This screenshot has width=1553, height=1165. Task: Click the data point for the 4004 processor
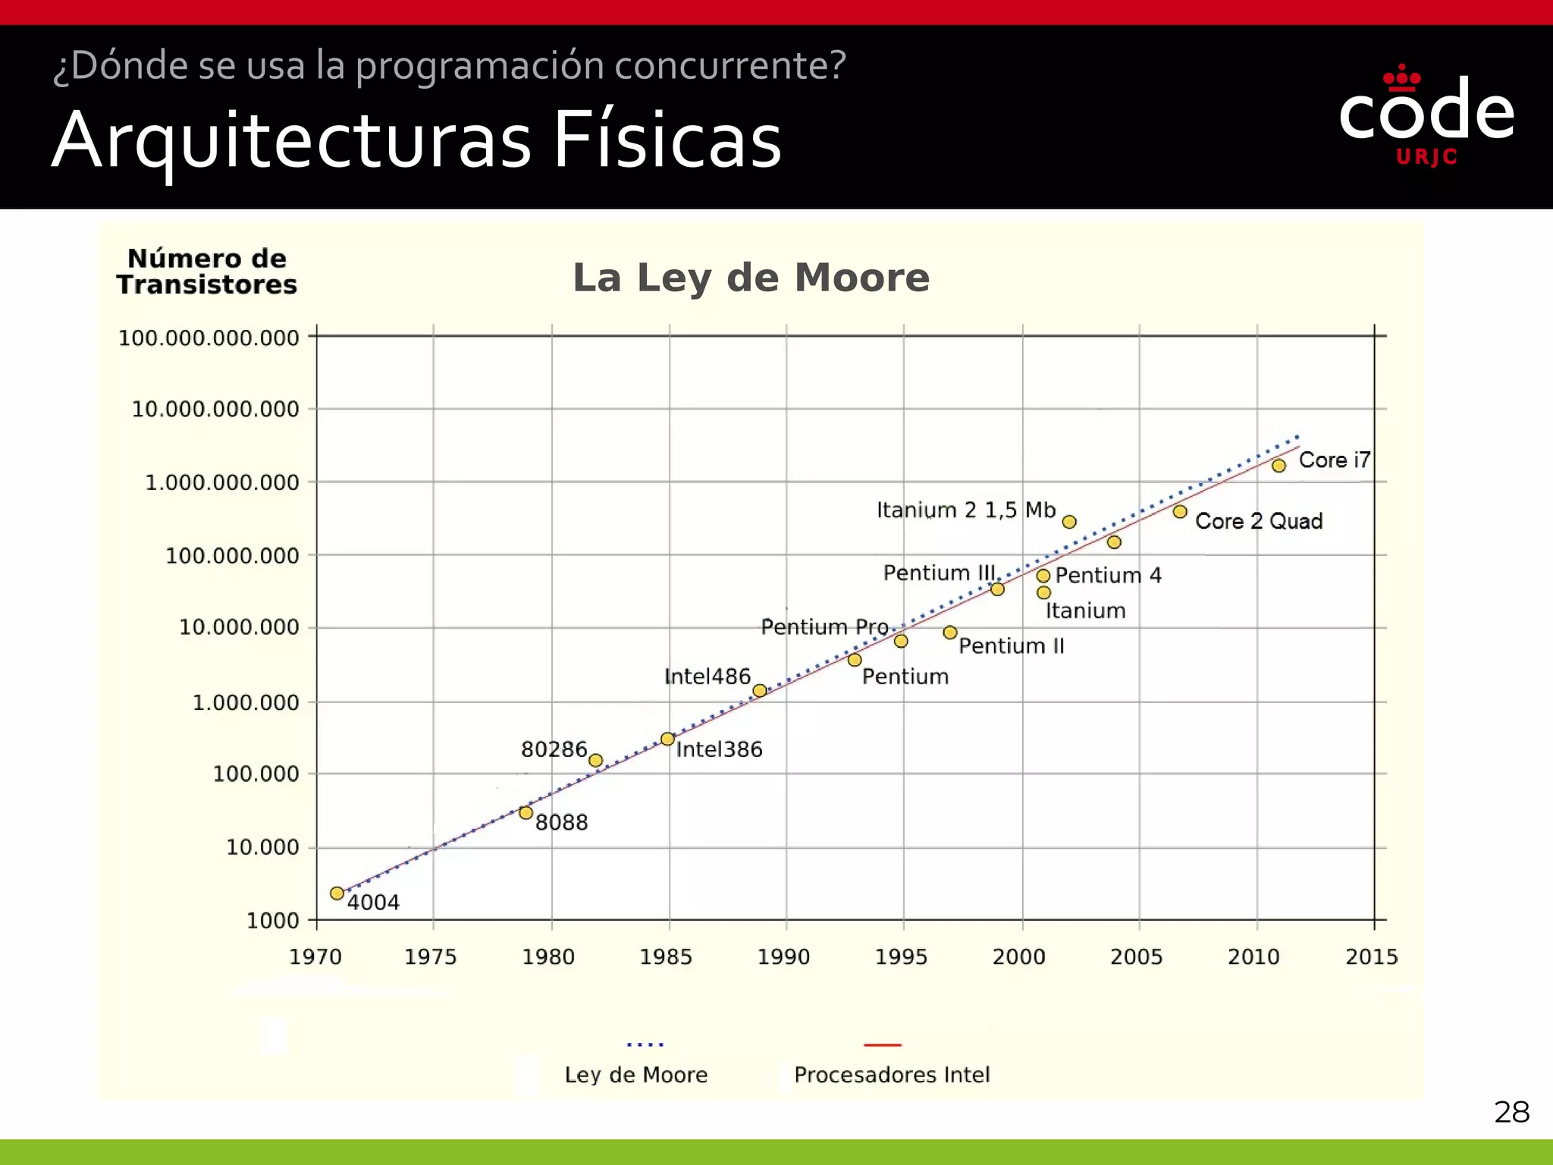click(x=337, y=893)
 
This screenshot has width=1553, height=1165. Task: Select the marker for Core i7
click(x=1278, y=466)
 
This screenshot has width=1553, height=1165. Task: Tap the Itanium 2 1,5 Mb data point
click(x=1069, y=522)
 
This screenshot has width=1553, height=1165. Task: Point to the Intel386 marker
click(x=667, y=739)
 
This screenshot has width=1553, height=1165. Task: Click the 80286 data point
click(x=596, y=760)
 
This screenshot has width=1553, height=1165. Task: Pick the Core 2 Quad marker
click(x=1180, y=512)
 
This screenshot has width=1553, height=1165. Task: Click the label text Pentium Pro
click(x=824, y=627)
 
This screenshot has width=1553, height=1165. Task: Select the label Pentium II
click(x=1012, y=646)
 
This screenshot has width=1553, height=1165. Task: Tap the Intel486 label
click(x=707, y=677)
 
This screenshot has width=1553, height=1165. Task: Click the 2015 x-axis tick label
click(x=1371, y=957)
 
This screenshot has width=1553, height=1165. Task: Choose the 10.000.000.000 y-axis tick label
click(x=215, y=410)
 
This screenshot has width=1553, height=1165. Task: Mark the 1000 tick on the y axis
click(x=272, y=921)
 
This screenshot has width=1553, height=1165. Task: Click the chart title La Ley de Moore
click(x=751, y=278)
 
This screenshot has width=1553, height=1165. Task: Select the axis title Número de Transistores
click(x=206, y=272)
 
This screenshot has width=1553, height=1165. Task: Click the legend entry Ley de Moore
click(x=636, y=1075)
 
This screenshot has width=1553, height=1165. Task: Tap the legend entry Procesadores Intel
click(x=892, y=1075)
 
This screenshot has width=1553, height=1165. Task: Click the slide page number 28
click(x=1511, y=1113)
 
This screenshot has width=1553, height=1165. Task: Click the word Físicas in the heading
click(x=667, y=140)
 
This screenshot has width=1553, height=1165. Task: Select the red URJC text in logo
click(x=1426, y=157)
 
